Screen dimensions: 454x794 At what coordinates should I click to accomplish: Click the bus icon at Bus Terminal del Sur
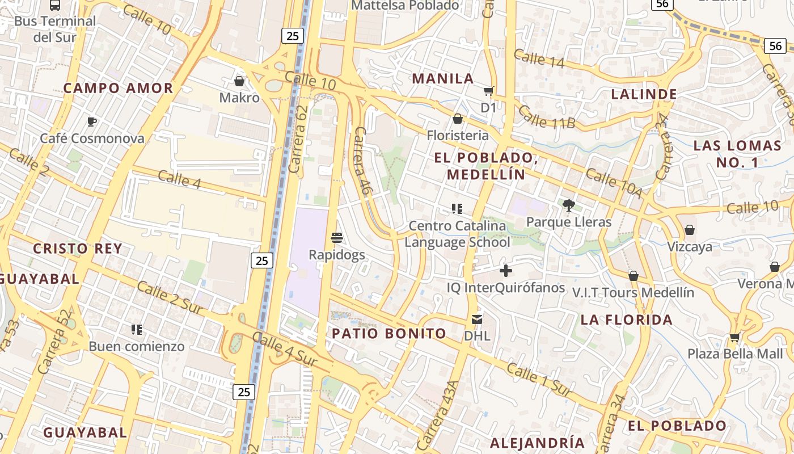55,5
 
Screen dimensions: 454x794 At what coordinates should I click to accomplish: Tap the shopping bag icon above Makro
239,81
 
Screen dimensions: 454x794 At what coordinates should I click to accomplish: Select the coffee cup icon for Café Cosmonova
92,121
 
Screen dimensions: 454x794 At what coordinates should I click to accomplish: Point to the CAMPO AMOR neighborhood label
118,88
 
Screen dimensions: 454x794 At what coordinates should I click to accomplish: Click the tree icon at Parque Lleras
569,205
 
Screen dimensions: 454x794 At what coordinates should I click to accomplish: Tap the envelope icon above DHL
477,320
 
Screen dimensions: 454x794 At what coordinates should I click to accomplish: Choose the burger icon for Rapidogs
337,238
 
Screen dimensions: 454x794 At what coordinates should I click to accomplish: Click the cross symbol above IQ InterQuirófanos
506,271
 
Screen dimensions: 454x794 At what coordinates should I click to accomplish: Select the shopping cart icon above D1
488,91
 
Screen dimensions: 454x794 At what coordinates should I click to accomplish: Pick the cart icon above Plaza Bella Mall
734,337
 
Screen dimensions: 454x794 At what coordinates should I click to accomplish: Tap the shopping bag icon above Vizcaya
690,230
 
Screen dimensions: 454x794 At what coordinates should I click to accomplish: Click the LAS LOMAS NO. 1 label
737,154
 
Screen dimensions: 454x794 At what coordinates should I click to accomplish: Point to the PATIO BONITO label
389,333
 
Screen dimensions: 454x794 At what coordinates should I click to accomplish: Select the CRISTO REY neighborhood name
78,249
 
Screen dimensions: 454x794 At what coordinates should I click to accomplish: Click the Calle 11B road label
546,117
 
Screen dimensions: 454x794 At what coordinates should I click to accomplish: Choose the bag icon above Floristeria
458,119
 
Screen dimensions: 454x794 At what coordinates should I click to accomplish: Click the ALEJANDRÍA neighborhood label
537,443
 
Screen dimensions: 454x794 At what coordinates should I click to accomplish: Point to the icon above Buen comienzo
137,329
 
